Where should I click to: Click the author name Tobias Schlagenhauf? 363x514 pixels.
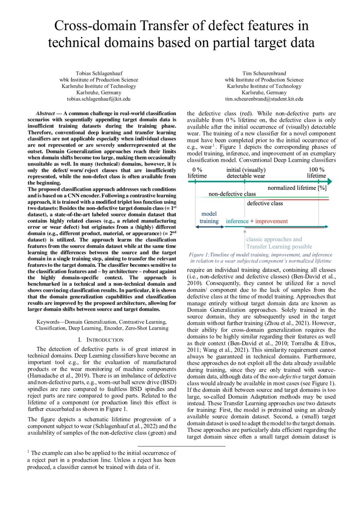pos(98,73)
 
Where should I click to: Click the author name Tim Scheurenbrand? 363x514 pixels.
pos(264,73)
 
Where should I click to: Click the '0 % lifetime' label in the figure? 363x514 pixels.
pos(197,173)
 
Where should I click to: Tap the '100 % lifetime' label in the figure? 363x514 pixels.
pos(316,173)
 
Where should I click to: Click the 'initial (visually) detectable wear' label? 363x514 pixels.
pos(246,173)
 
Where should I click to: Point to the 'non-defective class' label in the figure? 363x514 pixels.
pos(232,193)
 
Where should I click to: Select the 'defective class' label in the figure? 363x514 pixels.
pos(265,204)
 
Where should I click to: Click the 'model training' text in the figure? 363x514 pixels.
pos(209,217)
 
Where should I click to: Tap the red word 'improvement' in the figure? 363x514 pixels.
pos(272,221)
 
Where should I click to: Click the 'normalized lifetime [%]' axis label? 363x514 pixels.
pos(297,188)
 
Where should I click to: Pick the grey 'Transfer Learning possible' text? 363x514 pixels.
pos(279,247)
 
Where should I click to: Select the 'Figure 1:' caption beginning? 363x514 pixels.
pos(199,255)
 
